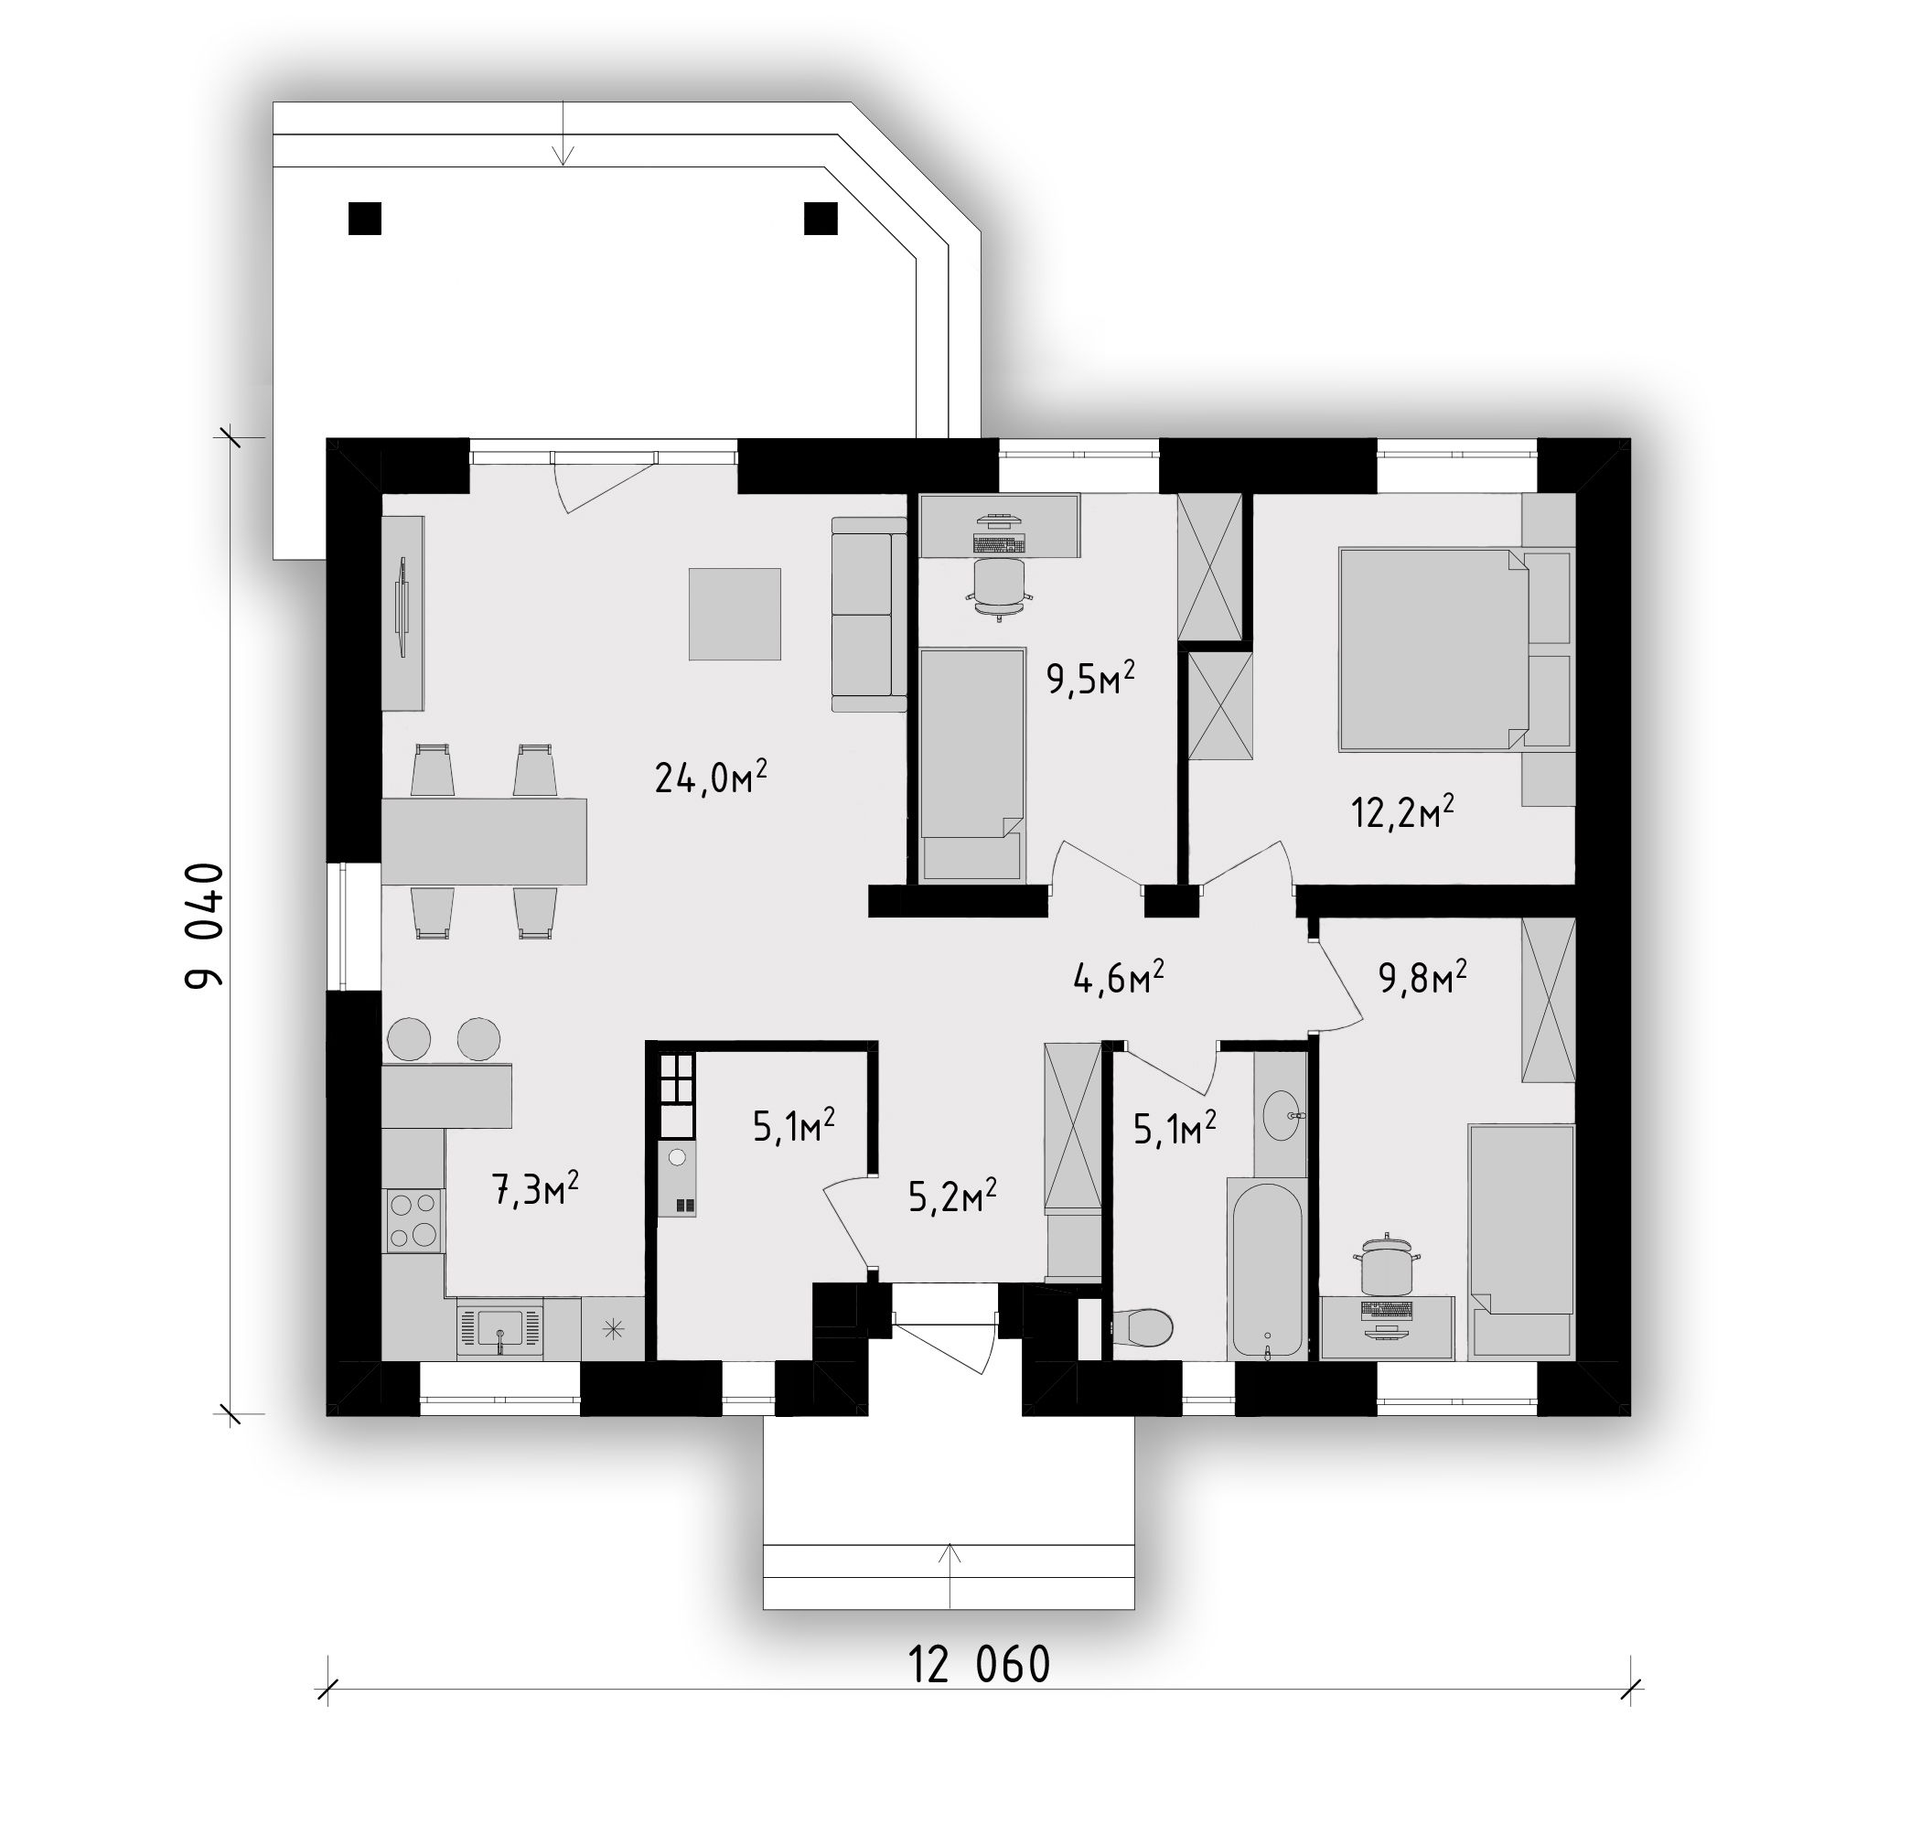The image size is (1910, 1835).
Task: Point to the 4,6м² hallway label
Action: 1119,978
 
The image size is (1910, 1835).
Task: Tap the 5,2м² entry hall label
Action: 952,1196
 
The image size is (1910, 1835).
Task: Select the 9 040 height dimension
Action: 205,926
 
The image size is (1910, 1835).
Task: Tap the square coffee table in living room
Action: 735,614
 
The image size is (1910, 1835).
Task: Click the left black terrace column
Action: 364,219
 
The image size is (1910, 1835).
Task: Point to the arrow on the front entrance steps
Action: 950,1575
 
